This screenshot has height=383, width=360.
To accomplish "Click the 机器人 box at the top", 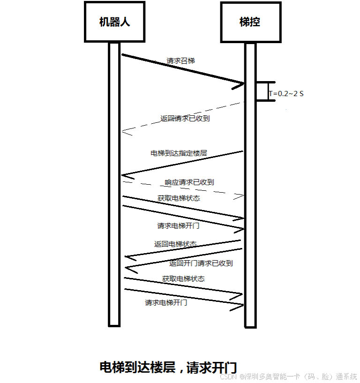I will [114, 22].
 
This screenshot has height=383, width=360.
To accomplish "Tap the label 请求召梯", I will [180, 61].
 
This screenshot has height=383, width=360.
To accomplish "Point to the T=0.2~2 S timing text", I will [286, 94].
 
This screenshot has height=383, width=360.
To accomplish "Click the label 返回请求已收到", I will [185, 119].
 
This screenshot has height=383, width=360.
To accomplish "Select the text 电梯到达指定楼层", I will [179, 153].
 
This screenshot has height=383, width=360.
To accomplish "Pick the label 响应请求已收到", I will [189, 182].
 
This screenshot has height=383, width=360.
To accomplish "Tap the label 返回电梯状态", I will [175, 244].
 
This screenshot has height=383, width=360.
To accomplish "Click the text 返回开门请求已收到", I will [201, 263].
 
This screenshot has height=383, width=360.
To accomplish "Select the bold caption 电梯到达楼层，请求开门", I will [168, 368].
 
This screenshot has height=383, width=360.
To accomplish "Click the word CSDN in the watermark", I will [228, 376].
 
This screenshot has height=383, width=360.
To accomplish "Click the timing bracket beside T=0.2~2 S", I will [265, 91].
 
